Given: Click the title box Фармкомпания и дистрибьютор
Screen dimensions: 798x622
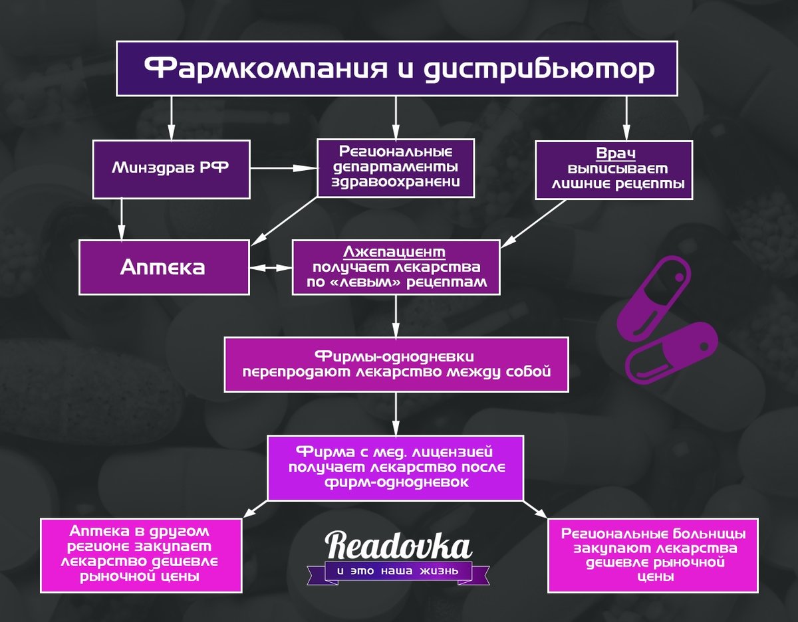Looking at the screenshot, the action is (396, 68).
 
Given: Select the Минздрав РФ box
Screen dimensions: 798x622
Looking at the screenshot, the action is (171, 169).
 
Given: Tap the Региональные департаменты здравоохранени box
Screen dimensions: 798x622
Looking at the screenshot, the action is (396, 168).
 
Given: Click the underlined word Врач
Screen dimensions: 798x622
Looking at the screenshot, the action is (616, 153).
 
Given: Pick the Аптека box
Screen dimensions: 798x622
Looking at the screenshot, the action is (164, 267).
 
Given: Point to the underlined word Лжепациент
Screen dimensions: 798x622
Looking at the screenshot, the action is (394, 252).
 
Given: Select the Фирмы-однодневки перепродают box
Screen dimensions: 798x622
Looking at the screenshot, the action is (396, 364).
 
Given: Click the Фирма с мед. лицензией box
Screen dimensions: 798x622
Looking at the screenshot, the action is (396, 468).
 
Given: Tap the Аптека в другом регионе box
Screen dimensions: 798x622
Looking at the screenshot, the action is (141, 555).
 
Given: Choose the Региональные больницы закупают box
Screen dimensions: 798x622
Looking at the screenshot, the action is (653, 555).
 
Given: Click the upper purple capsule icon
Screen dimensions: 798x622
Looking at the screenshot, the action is (654, 297).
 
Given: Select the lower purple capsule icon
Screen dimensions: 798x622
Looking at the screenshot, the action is (671, 353).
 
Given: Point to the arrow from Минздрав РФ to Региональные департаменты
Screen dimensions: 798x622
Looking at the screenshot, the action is (283, 168).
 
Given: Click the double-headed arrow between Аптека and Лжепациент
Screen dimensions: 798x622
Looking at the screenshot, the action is (271, 268).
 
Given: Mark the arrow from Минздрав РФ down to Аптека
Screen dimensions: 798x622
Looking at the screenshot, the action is (122, 219).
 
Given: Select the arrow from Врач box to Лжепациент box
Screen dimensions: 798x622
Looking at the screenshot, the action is (533, 223).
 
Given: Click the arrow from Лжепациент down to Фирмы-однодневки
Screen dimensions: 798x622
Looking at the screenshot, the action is (396, 316).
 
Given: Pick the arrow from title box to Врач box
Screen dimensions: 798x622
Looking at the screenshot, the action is (626, 118).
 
